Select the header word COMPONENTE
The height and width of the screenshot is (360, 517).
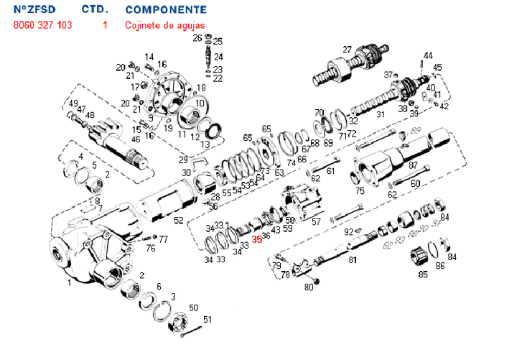pos(166,10)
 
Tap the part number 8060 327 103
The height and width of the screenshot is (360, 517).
pos(42,24)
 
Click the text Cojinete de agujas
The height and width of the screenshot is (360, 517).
pos(164,24)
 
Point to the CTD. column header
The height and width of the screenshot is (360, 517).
pos(95,10)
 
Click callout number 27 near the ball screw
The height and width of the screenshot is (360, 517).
pos(347,49)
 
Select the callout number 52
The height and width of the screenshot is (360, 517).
pos(178,220)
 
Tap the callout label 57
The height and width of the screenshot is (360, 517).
pos(316,222)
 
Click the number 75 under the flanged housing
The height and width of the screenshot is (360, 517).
pos(360,191)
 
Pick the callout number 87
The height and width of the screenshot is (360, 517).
pos(413,165)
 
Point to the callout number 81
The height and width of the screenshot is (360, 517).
pos(353,259)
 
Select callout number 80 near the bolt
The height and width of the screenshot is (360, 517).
pos(309,287)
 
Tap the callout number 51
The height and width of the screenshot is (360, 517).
pos(208,320)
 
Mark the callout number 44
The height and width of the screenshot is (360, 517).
pos(428,55)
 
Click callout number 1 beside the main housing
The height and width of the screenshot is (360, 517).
pos(69,282)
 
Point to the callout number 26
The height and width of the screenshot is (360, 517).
pos(197,38)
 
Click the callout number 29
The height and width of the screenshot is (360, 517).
pos(183,159)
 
